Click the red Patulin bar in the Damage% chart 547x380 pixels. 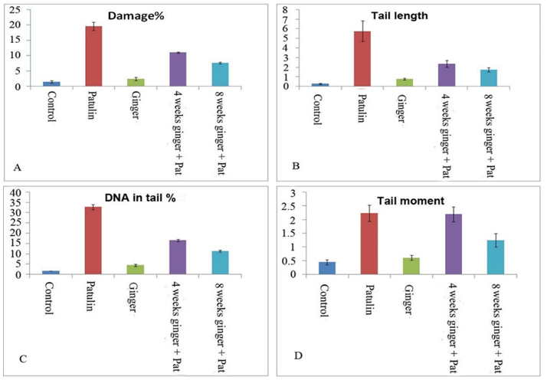[93, 57]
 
